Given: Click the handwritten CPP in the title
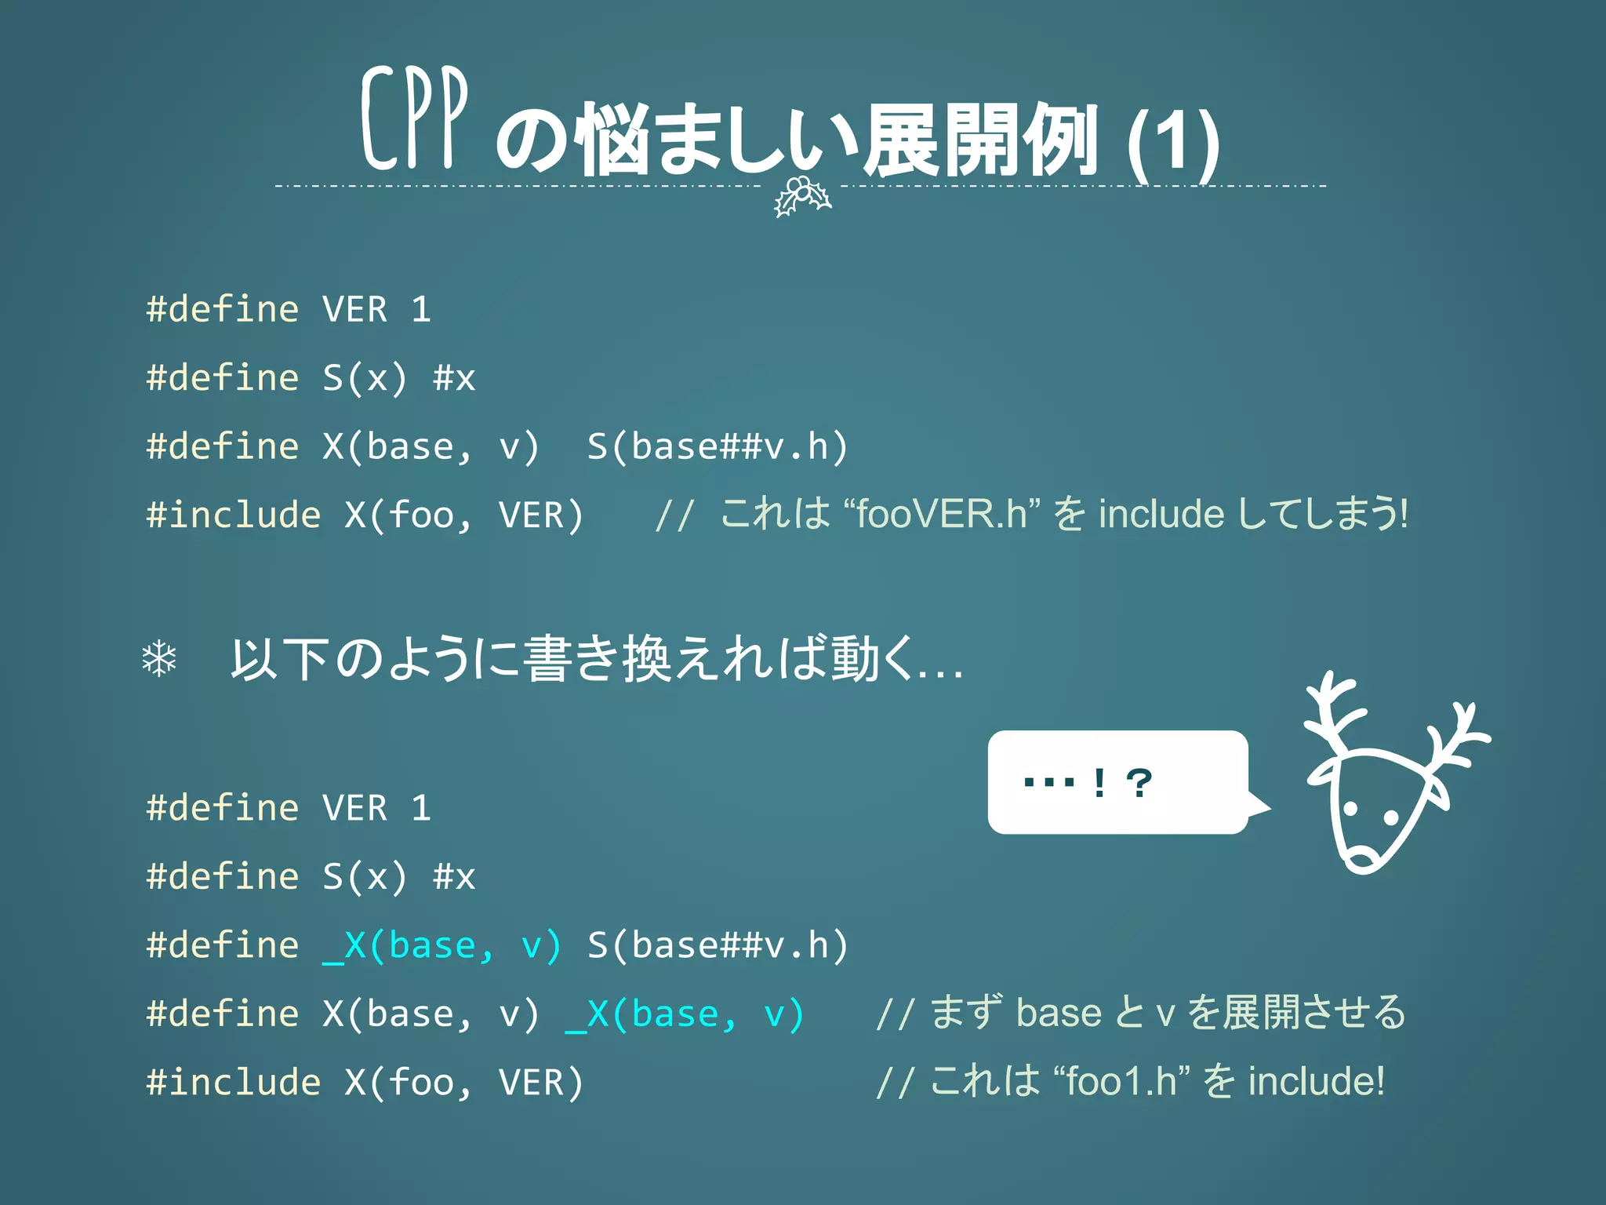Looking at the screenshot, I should (414, 119).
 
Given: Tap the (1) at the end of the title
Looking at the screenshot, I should (1173, 141).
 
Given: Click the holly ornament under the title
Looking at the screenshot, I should (801, 196).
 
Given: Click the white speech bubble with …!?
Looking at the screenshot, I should (1117, 782).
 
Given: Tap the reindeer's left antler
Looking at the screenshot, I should (1333, 710).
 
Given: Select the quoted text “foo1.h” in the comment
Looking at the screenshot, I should (1122, 1081).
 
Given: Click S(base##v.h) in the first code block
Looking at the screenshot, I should (717, 447).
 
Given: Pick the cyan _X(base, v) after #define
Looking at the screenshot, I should (442, 945).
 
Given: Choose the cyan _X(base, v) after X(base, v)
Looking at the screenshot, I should (685, 1014).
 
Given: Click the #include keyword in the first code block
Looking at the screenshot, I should (234, 515).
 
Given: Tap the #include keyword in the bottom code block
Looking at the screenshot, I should (234, 1083).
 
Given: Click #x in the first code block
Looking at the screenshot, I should (454, 378).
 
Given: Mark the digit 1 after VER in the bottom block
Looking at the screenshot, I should (421, 808).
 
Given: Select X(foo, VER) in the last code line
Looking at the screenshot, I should (464, 1083).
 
